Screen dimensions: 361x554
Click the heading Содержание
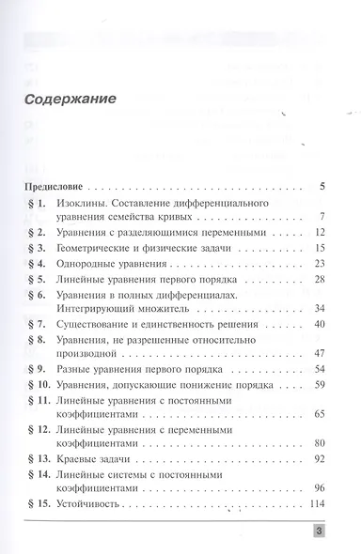coord(70,99)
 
